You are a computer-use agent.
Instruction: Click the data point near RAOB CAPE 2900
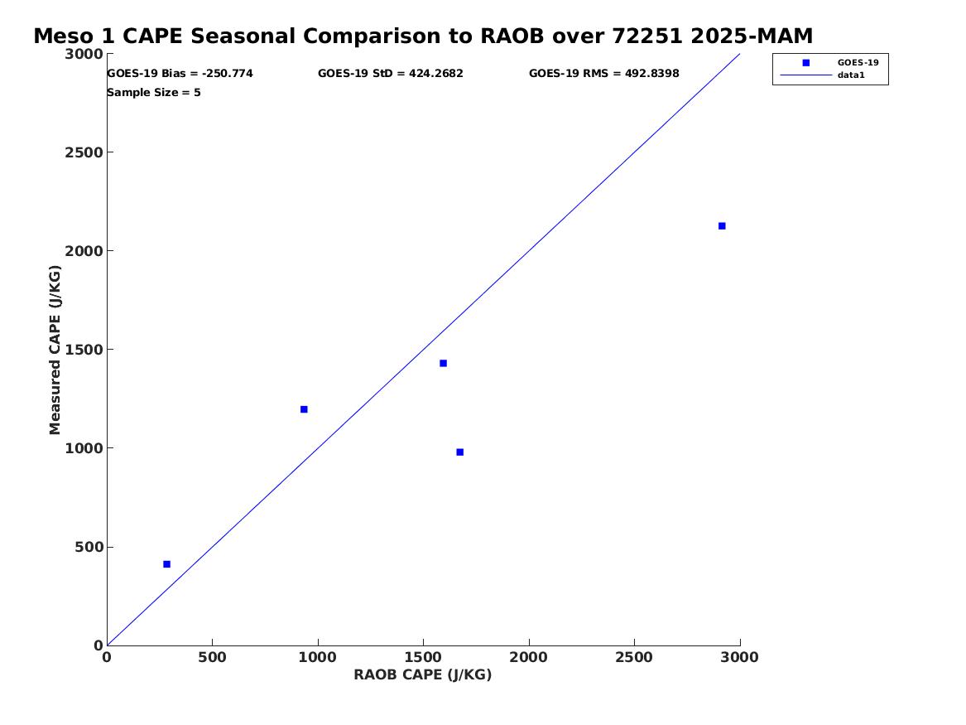tap(722, 226)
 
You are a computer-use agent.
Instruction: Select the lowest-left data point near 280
tap(167, 564)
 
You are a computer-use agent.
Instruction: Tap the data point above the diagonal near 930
tap(304, 409)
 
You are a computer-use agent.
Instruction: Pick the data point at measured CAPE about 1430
tap(443, 363)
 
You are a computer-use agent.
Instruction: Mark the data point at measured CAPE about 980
tap(459, 452)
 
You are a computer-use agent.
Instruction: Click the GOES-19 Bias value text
tap(180, 74)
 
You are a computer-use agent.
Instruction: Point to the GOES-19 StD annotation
tap(391, 74)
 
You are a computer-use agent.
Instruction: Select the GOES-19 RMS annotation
tap(603, 74)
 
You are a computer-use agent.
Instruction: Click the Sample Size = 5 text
tap(153, 93)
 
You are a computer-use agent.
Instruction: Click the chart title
tap(423, 36)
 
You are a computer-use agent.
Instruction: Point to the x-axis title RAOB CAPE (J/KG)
tap(423, 675)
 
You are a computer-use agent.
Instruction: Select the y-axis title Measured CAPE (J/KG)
tap(55, 350)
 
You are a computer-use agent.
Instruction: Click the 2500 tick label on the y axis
tap(84, 152)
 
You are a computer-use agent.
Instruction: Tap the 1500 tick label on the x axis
tap(423, 657)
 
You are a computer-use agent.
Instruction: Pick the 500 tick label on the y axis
tap(89, 547)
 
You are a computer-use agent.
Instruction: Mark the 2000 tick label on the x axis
tap(529, 657)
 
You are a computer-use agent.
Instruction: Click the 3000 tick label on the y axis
tap(84, 54)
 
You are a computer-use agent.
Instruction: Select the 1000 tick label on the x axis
tap(318, 657)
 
